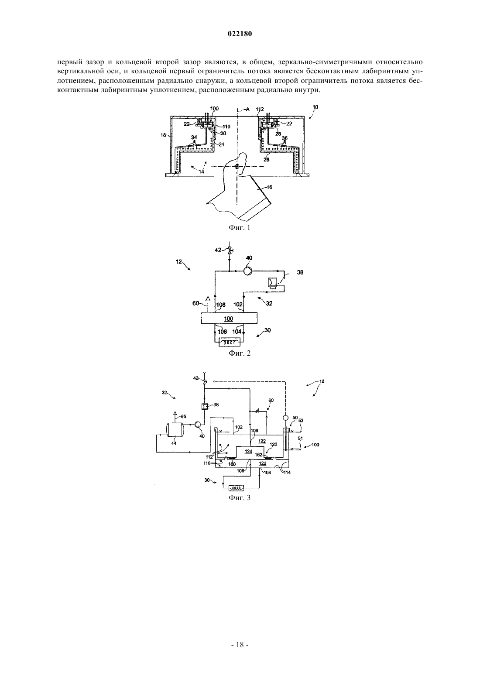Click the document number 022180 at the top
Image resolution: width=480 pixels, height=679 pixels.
(240, 34)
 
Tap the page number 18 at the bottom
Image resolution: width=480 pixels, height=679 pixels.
(240, 645)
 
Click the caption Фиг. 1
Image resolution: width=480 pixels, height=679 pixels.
(240, 227)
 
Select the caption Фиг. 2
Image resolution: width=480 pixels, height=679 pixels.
(240, 353)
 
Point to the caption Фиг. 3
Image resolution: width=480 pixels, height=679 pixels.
(240, 497)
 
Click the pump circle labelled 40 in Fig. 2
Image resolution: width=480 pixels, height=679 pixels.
(247, 271)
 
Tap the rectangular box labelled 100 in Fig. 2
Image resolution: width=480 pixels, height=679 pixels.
(229, 318)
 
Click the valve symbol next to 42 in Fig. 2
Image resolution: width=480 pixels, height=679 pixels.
(230, 250)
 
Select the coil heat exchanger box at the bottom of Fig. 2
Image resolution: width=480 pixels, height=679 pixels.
(229, 342)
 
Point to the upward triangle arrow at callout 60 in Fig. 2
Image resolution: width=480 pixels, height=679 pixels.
(208, 298)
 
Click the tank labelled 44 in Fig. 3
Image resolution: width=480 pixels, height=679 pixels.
(174, 429)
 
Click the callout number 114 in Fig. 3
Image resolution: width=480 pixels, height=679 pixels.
(287, 472)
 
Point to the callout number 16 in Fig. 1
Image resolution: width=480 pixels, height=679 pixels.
(269, 187)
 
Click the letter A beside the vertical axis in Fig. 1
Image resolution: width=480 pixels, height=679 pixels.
(247, 109)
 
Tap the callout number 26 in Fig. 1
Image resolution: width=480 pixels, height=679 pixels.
(266, 160)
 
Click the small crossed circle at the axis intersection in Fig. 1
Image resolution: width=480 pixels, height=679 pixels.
(237, 166)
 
